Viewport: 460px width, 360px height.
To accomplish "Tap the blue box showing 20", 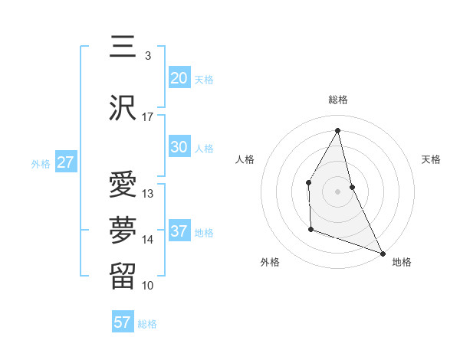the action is tap(179, 78).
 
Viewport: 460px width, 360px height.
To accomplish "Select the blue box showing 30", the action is tap(179, 148).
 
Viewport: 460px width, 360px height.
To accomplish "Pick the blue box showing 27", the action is tap(65, 162).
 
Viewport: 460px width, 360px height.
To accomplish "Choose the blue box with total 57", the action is tap(123, 322).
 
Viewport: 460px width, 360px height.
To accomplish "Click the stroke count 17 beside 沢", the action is tap(147, 117).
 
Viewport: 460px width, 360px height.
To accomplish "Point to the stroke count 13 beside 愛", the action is tap(148, 194).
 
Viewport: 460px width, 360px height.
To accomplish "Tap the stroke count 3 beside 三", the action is tap(147, 56).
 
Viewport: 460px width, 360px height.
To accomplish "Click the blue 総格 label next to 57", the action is tap(147, 324).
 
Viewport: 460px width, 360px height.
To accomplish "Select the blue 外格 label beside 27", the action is tap(41, 163).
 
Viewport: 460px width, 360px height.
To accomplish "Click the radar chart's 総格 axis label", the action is tap(338, 100).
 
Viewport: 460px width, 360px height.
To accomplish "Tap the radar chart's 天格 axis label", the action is tap(432, 159).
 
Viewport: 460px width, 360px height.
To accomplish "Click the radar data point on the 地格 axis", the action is tap(383, 252).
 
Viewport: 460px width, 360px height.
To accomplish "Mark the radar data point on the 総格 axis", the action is tap(338, 130).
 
